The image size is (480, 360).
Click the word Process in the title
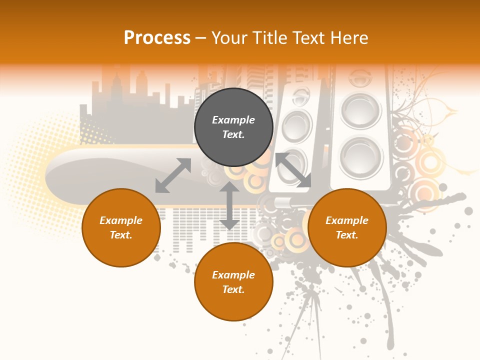pos(157,38)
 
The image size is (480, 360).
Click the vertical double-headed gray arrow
pos(229,206)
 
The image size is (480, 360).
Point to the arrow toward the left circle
pos(173,175)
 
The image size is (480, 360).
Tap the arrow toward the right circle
pos(293,170)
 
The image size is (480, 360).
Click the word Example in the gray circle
pos(233,120)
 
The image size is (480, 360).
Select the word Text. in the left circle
pos(121,235)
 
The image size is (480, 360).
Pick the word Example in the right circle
pos(347,220)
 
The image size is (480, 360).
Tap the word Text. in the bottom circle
pos(233,289)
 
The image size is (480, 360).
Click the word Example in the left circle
pos(121,220)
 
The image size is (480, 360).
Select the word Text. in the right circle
pos(347,235)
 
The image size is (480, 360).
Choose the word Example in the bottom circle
pos(233,275)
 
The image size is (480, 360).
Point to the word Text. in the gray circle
pos(233,134)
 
